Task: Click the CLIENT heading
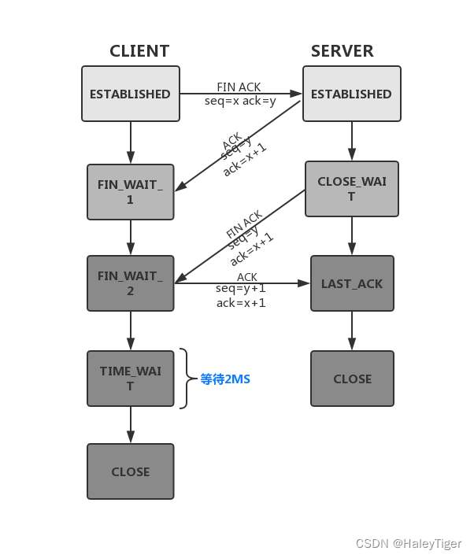click(x=139, y=51)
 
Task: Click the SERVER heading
click(x=342, y=51)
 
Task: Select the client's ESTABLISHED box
click(x=131, y=94)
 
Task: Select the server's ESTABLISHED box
click(x=351, y=94)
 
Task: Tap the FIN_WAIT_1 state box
click(x=131, y=192)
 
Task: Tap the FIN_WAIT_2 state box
click(x=131, y=283)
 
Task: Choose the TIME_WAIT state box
click(x=131, y=379)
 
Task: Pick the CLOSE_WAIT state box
click(x=352, y=189)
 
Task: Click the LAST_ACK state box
click(x=352, y=283)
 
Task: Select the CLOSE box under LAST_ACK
click(x=352, y=379)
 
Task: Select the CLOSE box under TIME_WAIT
click(x=131, y=471)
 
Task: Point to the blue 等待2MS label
click(x=225, y=379)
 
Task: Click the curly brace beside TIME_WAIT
click(x=186, y=379)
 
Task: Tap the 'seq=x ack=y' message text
click(x=239, y=102)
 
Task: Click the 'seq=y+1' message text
click(x=240, y=289)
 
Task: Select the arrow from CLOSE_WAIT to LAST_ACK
click(x=352, y=235)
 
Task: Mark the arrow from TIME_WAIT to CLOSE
click(x=131, y=425)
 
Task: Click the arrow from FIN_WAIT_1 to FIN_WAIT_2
click(x=131, y=237)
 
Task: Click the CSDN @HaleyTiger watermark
click(x=409, y=544)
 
